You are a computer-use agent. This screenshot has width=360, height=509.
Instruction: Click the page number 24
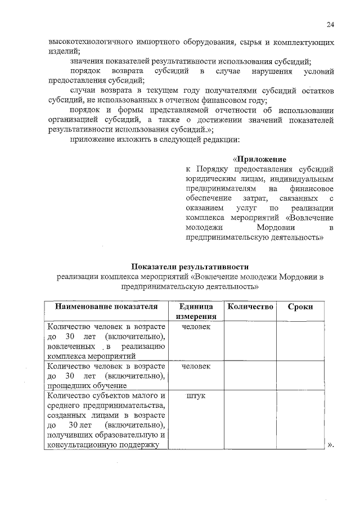[330, 24]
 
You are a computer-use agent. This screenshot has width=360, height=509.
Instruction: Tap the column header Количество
[249, 307]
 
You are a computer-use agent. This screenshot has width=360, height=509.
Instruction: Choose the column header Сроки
[300, 307]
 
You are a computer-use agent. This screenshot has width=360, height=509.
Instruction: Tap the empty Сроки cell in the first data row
[300, 341]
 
